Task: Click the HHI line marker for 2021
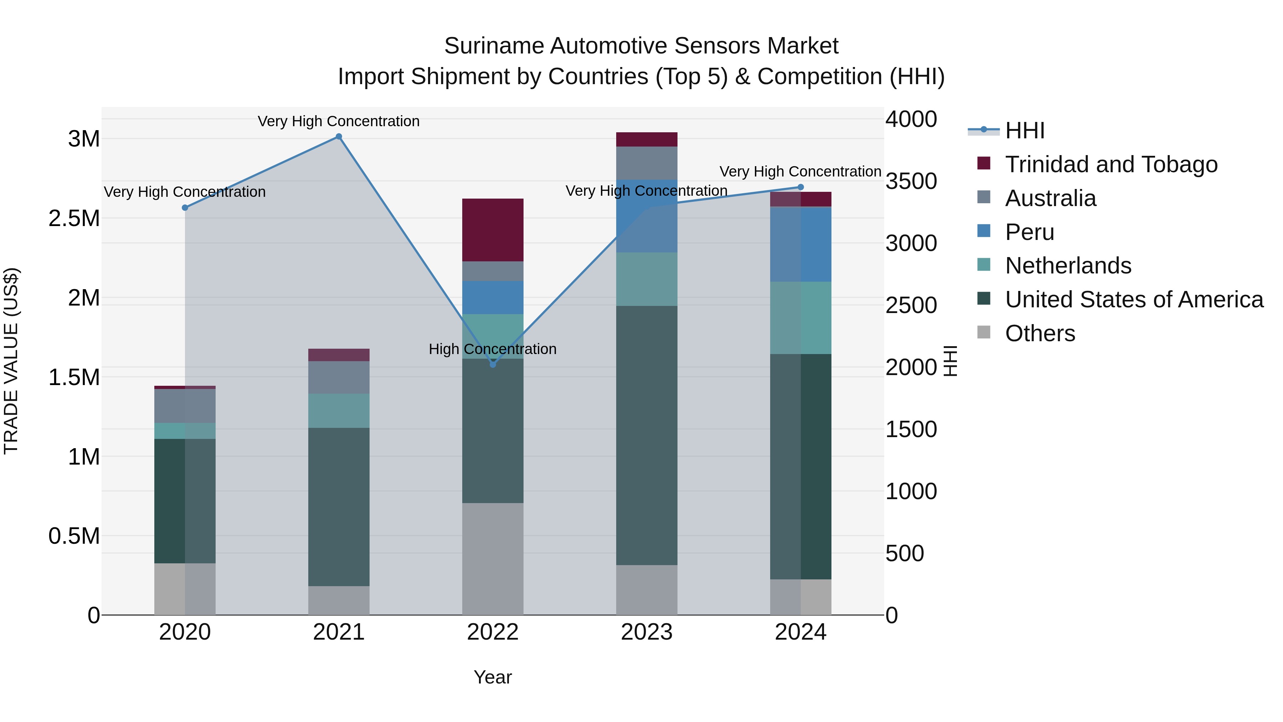pos(339,137)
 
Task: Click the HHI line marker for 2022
pos(493,364)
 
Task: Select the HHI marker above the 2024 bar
pos(800,187)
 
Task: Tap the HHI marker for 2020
pos(185,208)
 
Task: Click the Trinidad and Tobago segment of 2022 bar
pos(493,230)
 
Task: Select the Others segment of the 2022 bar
pos(493,559)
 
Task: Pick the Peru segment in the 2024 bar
pos(800,244)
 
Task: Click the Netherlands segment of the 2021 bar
pos(339,411)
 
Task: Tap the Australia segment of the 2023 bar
pos(646,163)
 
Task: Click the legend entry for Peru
pos(1029,232)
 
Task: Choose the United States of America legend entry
pos(1134,299)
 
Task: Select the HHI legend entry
pos(1025,130)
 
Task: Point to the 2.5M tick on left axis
pos(74,218)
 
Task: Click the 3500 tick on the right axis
pos(911,181)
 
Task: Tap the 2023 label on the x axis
pos(646,632)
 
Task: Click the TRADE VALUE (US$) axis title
pos(11,361)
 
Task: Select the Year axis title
pos(493,677)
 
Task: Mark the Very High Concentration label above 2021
pos(339,121)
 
